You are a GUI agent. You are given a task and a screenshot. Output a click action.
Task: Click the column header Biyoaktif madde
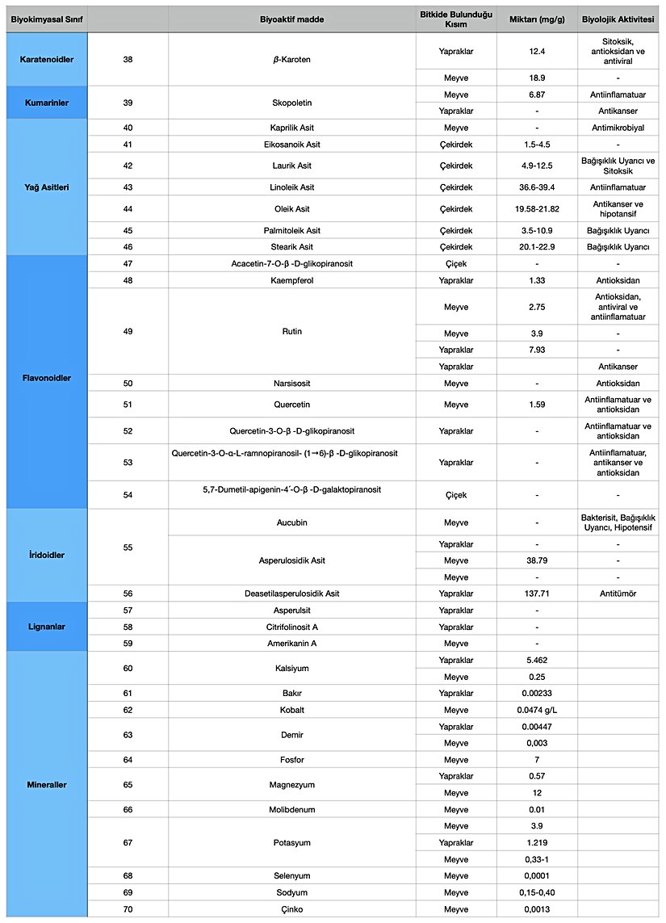coord(292,19)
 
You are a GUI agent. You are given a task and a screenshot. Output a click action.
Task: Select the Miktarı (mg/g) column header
coord(536,19)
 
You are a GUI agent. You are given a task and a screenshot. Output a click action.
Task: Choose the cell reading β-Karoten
coord(292,60)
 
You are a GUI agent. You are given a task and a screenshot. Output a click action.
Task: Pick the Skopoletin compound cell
coord(292,103)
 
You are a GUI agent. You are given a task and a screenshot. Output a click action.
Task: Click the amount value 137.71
coord(536,594)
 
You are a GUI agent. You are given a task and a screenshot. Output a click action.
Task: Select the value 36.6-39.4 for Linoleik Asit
coord(536,187)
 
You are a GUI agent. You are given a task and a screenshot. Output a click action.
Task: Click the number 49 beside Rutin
coord(128,331)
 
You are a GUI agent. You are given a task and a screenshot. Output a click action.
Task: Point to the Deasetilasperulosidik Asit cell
coord(292,594)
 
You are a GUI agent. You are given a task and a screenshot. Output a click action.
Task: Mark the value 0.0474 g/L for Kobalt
coord(536,710)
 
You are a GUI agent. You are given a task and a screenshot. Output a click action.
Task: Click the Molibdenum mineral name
coord(292,809)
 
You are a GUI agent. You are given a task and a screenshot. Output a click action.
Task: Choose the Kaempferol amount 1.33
coord(536,280)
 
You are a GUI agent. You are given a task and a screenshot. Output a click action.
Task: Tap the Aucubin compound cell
coord(292,522)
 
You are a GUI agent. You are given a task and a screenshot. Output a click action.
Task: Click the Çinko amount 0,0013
coord(536,909)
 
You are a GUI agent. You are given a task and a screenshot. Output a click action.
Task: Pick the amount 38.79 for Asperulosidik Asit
coord(536,560)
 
